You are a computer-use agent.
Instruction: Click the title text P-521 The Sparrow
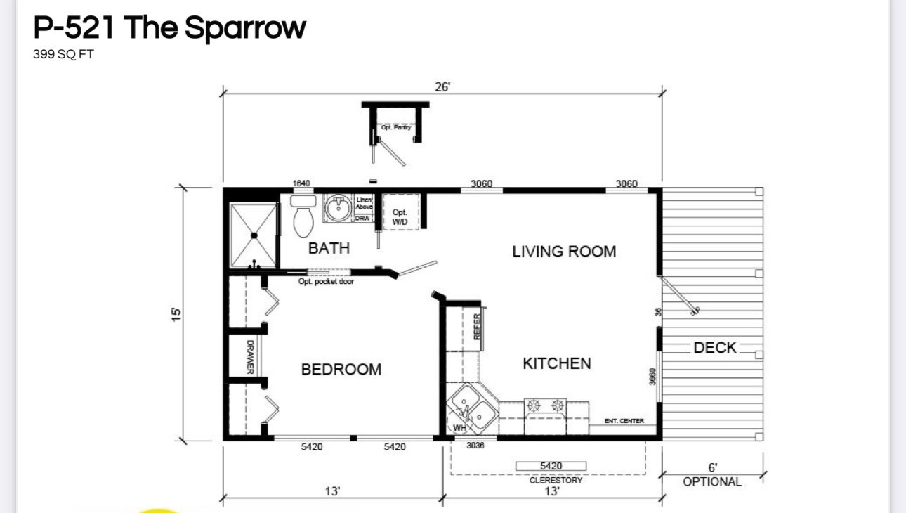[x=169, y=27]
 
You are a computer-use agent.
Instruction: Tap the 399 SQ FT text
[x=63, y=55]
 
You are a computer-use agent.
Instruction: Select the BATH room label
[x=329, y=248]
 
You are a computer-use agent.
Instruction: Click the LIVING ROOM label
[x=564, y=252]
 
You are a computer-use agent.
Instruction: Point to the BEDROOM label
[x=341, y=370]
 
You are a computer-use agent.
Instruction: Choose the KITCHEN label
[x=557, y=363]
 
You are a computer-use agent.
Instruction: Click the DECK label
[x=715, y=347]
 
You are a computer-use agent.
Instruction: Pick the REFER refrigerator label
[x=478, y=327]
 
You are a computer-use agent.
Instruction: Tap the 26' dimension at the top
[x=442, y=86]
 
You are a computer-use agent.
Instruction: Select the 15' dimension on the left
[x=176, y=313]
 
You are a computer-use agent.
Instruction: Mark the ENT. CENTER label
[x=624, y=421]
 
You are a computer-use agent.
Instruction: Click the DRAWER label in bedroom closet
[x=250, y=357]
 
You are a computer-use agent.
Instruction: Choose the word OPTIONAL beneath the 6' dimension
[x=712, y=482]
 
